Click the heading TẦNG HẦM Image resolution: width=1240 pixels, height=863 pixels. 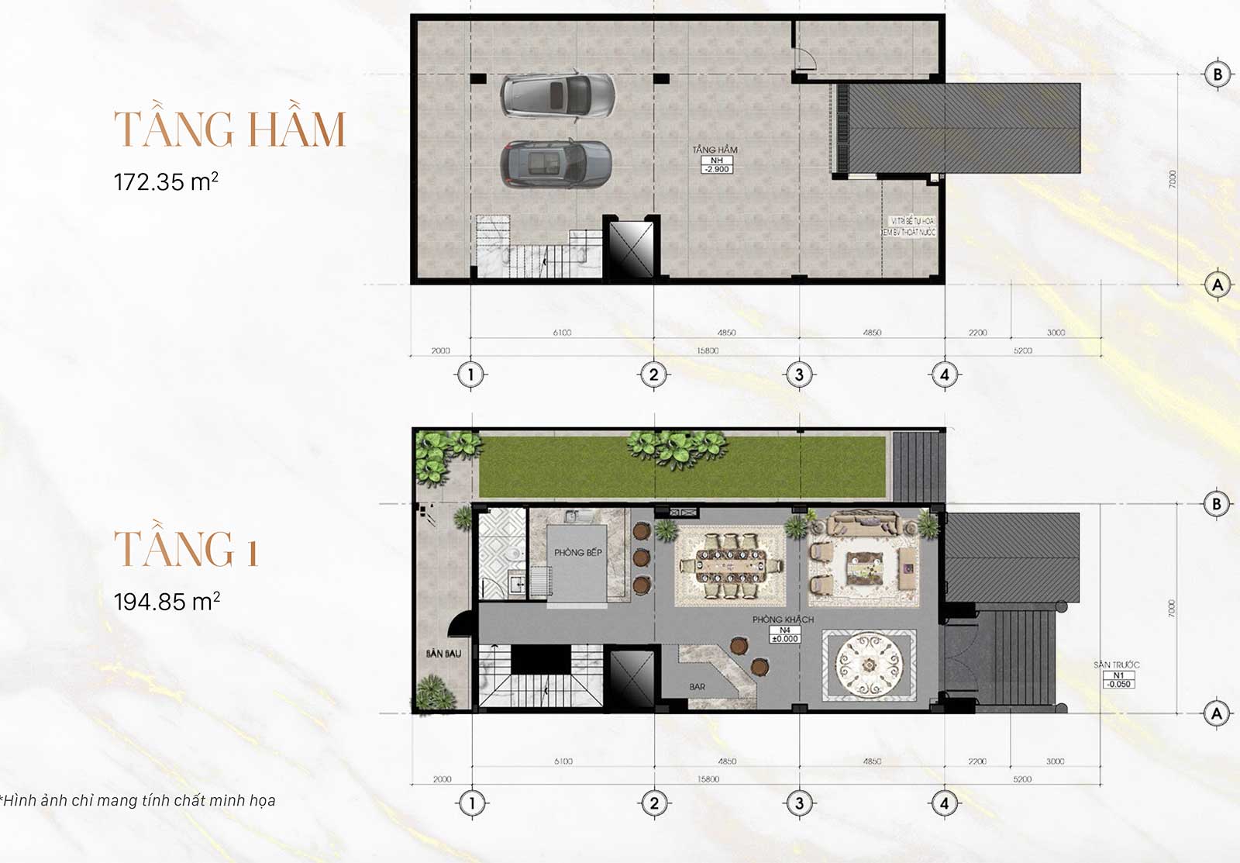click(229, 129)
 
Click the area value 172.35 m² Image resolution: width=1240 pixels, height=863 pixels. click(166, 182)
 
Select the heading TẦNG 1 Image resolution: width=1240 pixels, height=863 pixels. click(186, 549)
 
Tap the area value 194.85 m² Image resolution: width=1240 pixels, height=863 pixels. click(167, 602)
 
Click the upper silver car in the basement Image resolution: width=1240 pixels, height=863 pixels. click(557, 96)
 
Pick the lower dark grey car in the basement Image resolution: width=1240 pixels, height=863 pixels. click(556, 164)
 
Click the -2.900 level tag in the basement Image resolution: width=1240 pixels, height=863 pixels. click(716, 169)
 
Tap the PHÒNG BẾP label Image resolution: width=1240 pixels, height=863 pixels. click(577, 553)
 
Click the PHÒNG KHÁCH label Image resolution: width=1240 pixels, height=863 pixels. click(783, 620)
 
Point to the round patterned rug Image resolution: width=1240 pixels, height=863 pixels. click(870, 665)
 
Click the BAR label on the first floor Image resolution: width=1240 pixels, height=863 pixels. click(697, 687)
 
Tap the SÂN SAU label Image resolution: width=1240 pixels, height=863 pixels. click(443, 654)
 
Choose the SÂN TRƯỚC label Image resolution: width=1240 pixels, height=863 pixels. click(1116, 665)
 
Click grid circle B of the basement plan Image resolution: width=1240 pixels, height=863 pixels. click(1217, 74)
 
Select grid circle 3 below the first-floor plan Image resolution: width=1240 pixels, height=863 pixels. click(799, 803)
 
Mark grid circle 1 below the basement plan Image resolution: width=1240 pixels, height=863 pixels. click(470, 375)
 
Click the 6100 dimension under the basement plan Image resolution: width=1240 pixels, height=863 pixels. click(562, 333)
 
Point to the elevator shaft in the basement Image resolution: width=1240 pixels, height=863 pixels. click(632, 249)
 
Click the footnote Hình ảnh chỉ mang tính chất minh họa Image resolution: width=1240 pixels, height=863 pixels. click(139, 800)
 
